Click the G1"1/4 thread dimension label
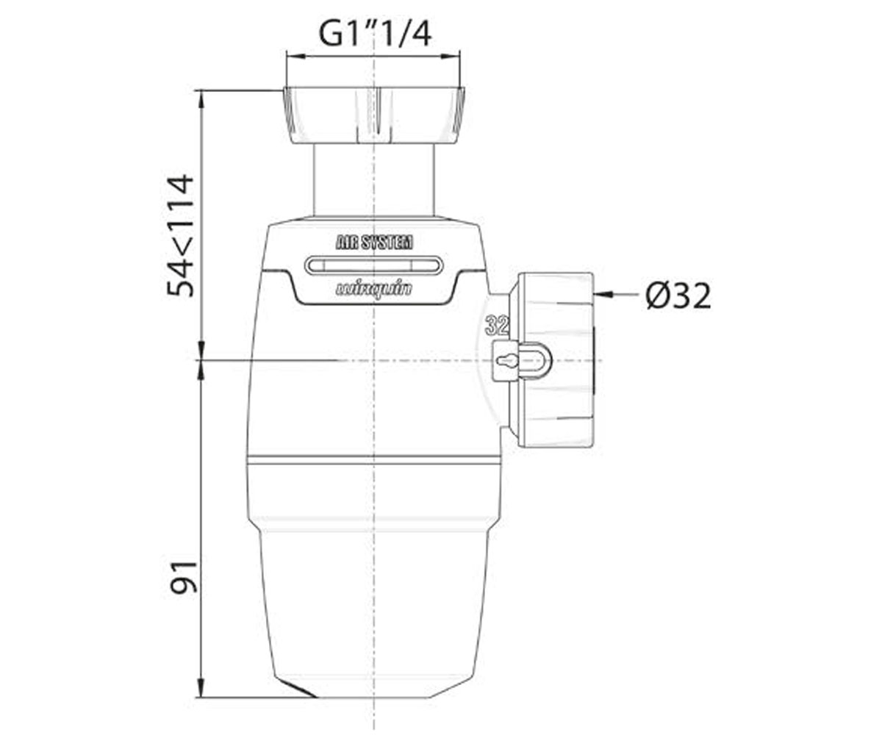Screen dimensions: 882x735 [x=375, y=35]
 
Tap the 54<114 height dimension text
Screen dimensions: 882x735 [x=180, y=236]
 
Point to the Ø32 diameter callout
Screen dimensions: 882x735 [x=678, y=295]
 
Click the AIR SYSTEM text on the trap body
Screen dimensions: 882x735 [x=374, y=243]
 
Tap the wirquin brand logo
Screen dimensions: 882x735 [x=374, y=290]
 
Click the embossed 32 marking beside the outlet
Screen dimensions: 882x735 [x=497, y=326]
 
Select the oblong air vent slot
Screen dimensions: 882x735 [x=373, y=266]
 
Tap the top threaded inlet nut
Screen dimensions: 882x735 [x=374, y=115]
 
